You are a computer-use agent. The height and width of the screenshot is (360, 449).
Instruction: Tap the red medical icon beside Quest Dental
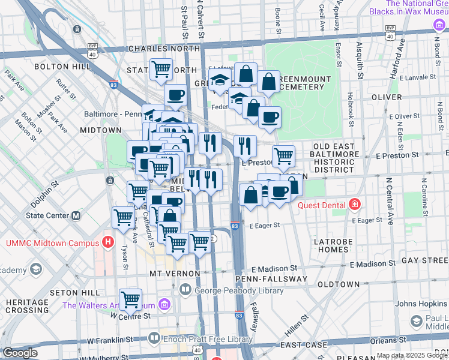[x=355, y=205]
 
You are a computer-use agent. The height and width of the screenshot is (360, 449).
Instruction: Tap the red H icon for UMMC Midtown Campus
[x=108, y=242]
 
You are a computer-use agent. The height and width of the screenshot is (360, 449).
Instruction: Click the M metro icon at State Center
[x=76, y=215]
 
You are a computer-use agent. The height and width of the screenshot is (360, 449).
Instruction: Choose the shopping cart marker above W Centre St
[x=130, y=299]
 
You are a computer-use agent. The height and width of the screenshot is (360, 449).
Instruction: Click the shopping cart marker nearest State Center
[x=124, y=217]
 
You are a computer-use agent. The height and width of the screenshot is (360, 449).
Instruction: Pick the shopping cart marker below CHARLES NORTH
[x=161, y=70]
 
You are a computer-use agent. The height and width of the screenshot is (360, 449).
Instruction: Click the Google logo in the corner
[x=20, y=353]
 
